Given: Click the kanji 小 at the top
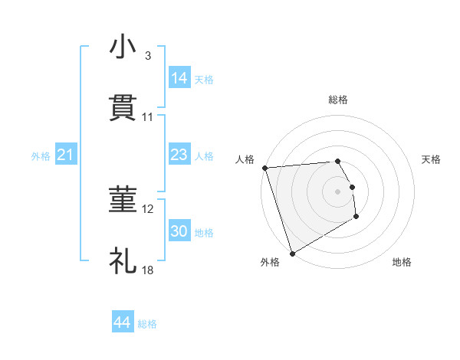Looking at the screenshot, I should click(123, 47).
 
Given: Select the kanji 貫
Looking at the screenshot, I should click(123, 107).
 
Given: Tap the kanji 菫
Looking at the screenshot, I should click(123, 201).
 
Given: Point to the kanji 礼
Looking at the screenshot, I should click(123, 261).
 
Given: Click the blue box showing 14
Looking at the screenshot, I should click(179, 78).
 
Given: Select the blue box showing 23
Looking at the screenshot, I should click(179, 155).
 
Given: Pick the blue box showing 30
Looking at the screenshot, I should click(179, 231).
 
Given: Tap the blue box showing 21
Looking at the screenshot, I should click(66, 155).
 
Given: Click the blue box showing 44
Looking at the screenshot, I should click(123, 322).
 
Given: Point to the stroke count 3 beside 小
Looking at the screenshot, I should click(148, 56).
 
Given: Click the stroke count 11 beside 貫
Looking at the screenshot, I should click(148, 117).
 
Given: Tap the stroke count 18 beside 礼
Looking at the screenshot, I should click(148, 270).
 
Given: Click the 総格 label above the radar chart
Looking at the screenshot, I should click(338, 100).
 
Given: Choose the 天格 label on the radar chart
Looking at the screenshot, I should click(431, 159).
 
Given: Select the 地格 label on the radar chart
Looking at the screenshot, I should click(402, 262).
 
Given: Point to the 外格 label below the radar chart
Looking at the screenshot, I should click(270, 262).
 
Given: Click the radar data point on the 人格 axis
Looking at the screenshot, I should click(264, 168).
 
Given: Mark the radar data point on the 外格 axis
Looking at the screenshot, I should click(292, 253).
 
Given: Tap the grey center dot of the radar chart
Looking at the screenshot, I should click(338, 191).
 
